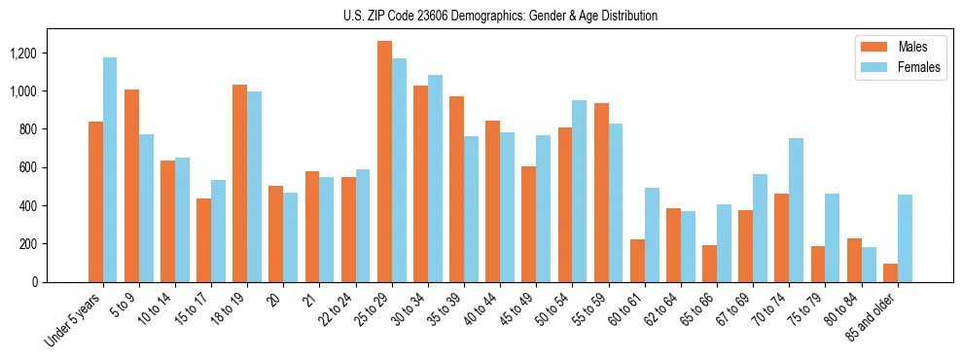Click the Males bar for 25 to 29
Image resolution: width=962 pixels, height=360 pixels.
pos(384,162)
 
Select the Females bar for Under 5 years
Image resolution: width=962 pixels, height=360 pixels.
pos(110,169)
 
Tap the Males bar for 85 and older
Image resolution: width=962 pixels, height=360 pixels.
pos(890,272)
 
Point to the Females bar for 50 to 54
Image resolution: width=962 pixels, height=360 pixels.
pos(579,191)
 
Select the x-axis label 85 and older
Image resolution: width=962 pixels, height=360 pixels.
pos(873,319)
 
